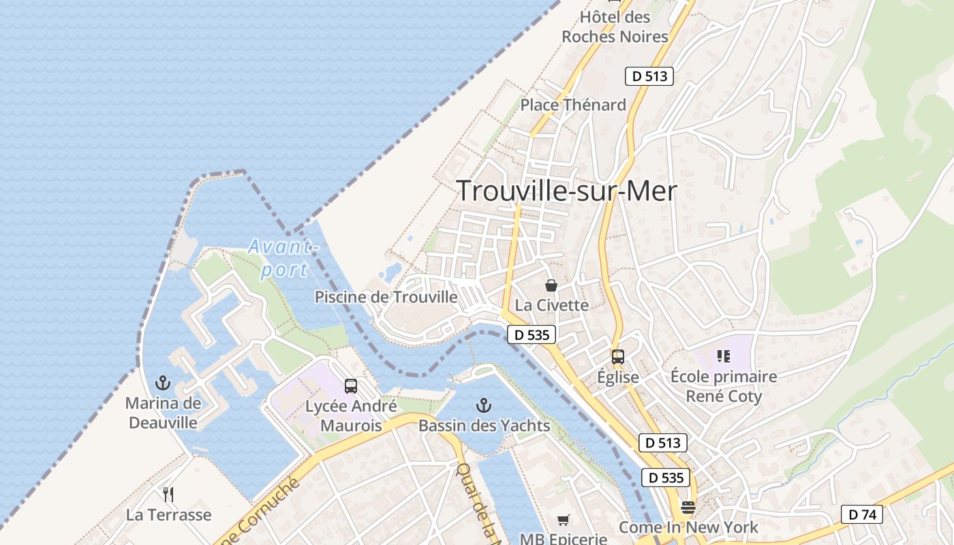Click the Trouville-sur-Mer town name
coord(566,191)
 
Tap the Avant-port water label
coord(281,258)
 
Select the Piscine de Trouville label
coord(386,297)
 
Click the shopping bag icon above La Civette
coord(551,285)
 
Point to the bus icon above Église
coord(618,357)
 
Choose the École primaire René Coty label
coord(723,386)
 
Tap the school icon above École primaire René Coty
coord(724,356)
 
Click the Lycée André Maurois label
coord(350,416)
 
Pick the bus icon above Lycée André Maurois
coord(350,386)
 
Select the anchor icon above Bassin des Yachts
coord(483,406)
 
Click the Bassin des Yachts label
coord(484,426)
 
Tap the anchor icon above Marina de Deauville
coord(163,382)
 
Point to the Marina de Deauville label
coord(163,413)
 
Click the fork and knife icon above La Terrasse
coord(168,494)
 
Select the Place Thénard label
coord(572,105)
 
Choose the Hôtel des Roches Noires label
coord(615,27)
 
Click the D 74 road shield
coord(861,514)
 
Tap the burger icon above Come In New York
coord(688,508)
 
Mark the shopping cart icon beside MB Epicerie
coord(564,520)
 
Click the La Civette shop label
coord(551,305)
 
